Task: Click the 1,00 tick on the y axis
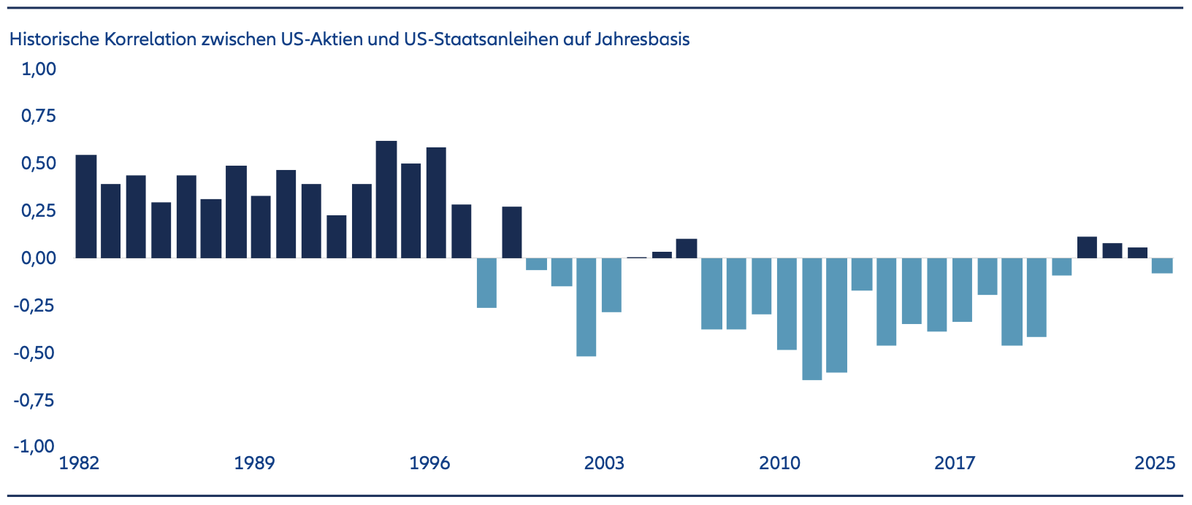click(39, 69)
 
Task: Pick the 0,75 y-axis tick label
click(39, 117)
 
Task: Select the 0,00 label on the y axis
click(39, 258)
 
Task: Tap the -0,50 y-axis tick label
click(35, 353)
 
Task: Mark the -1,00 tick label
click(35, 447)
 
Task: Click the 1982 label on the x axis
click(79, 463)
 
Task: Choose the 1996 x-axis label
click(430, 463)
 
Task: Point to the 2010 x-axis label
click(779, 463)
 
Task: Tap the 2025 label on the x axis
click(1155, 463)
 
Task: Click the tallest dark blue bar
click(386, 199)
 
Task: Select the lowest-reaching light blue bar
click(811, 319)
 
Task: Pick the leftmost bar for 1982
click(86, 207)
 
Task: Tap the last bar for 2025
click(1162, 266)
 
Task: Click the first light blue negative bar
click(486, 282)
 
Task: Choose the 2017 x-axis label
click(955, 463)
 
